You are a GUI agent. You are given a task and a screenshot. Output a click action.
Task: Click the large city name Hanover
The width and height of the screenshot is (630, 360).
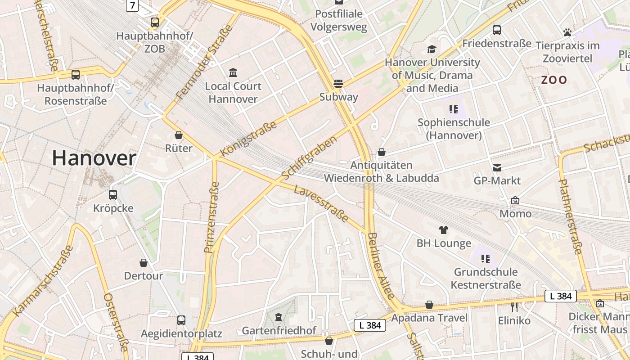(94, 158)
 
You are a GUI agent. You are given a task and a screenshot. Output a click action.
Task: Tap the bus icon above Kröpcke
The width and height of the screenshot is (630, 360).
(113, 195)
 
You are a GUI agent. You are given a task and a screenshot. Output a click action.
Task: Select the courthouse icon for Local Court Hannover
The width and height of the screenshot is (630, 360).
(233, 72)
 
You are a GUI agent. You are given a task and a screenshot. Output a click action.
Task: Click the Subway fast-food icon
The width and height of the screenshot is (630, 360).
(338, 83)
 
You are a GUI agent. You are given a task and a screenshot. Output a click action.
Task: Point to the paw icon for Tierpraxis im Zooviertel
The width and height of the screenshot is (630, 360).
(567, 32)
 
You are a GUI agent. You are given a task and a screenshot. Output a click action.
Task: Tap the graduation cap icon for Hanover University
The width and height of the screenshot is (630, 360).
(432, 49)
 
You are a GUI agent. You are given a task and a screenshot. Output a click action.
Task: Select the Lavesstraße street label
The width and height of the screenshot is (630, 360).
(321, 203)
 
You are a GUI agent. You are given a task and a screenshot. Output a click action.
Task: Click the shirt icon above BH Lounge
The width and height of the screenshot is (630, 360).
(444, 230)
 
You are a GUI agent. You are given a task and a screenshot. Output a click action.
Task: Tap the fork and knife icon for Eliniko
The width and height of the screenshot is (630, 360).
(514, 307)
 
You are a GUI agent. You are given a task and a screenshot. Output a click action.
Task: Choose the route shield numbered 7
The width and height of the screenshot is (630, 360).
(132, 5)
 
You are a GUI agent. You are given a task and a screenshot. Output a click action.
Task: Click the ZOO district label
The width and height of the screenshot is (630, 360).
(554, 80)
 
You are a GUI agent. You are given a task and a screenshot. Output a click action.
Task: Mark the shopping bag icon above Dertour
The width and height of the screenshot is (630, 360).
(144, 263)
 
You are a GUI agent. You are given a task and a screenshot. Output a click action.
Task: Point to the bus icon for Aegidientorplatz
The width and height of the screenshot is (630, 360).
(181, 320)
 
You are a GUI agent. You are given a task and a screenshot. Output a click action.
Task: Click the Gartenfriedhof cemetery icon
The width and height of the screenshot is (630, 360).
(279, 318)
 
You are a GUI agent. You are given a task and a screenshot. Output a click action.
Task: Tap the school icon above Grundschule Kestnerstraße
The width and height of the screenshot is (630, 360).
(486, 259)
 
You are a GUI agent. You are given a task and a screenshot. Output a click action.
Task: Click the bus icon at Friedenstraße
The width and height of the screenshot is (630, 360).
(497, 30)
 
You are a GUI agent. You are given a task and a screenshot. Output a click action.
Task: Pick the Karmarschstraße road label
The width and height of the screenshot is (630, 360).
(43, 281)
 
